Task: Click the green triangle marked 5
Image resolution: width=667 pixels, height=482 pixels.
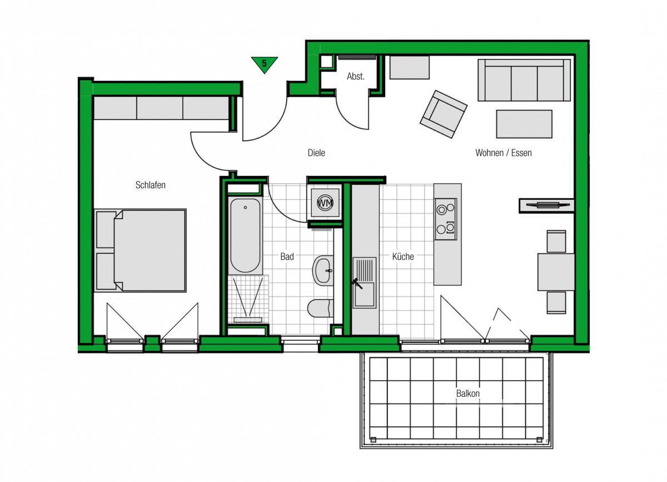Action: tap(265, 64)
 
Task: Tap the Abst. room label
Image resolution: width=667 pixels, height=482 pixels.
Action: tap(356, 76)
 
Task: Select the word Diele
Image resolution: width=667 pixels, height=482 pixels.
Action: tap(316, 153)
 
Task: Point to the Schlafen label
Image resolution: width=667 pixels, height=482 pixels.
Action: tap(151, 185)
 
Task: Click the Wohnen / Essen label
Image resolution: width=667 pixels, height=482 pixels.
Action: tap(504, 153)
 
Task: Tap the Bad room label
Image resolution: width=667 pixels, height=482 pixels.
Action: tap(287, 257)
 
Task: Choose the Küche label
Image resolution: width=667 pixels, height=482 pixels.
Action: tap(403, 257)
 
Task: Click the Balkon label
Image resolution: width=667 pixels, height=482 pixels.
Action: tap(468, 394)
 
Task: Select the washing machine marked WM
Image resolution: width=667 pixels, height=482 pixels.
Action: tap(325, 203)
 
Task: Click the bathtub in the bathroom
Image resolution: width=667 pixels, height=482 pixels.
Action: tap(245, 235)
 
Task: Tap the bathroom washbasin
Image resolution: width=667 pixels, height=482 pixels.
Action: tap(323, 270)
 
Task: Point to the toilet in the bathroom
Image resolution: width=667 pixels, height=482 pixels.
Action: tap(320, 308)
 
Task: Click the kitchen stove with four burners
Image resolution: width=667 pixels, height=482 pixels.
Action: tap(446, 219)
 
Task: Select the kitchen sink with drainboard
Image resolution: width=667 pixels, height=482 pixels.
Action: tap(365, 283)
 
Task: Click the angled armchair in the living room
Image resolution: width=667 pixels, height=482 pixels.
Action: tap(444, 114)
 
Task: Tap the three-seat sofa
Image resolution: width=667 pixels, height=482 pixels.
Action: tap(524, 80)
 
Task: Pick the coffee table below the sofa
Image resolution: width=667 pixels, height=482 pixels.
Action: tap(524, 124)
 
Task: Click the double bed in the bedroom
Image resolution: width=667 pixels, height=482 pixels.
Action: tap(140, 250)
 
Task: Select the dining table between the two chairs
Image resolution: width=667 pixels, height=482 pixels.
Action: tap(556, 272)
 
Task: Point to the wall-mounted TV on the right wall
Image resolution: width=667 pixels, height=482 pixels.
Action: tap(547, 205)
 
